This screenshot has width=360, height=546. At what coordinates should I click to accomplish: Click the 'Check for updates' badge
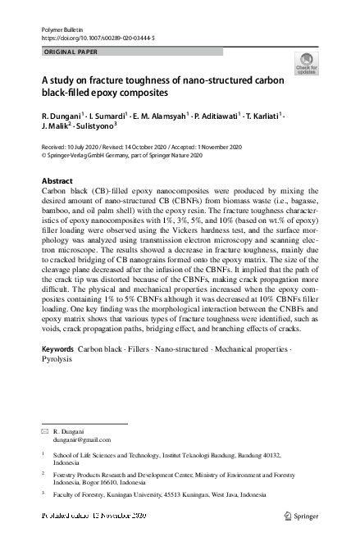tap(308, 63)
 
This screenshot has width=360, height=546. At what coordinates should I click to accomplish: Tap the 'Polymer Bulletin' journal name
tap(62, 29)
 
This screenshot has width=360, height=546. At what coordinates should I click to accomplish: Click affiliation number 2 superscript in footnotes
tap(43, 473)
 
